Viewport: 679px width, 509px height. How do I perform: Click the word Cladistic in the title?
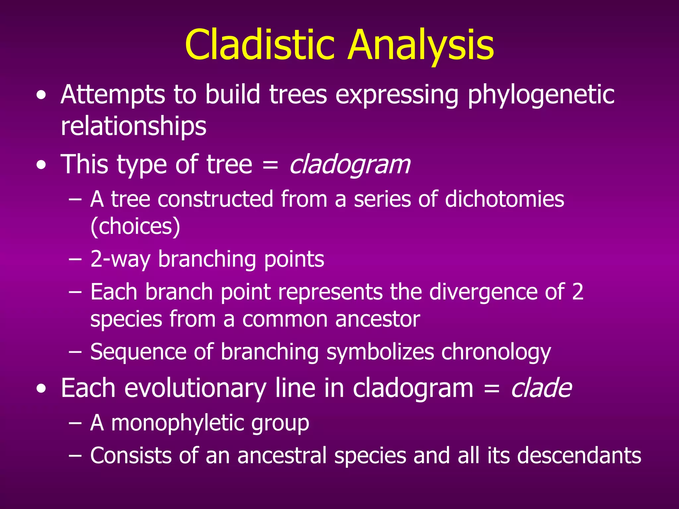click(260, 45)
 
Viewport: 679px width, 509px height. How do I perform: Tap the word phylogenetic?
click(541, 95)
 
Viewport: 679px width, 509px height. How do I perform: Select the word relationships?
click(134, 126)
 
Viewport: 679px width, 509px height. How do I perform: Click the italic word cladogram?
click(350, 165)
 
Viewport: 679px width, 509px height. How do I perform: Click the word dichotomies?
click(504, 199)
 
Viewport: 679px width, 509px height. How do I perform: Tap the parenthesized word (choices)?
click(135, 227)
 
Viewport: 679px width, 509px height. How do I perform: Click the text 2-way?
click(120, 259)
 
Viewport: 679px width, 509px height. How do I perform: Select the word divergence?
click(483, 292)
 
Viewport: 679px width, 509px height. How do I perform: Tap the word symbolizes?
click(380, 352)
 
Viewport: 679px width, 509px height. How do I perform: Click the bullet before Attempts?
click(41, 96)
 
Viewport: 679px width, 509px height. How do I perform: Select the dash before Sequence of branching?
click(75, 352)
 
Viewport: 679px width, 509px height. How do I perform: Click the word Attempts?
click(113, 95)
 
